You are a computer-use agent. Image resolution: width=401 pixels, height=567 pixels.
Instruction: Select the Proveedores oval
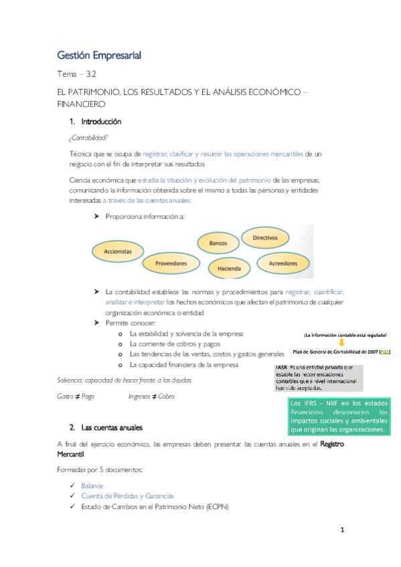point(171,263)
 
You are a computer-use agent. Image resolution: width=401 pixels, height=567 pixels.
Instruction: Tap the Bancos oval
point(218,244)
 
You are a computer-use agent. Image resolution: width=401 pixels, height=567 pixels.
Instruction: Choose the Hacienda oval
point(229,269)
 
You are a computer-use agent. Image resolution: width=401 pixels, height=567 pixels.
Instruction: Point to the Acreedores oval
point(283,263)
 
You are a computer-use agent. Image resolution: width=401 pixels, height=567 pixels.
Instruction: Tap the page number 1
point(342,530)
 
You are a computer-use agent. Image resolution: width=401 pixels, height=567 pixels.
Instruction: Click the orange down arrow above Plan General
point(341,342)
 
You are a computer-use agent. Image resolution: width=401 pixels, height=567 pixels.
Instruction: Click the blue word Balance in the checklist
point(92,485)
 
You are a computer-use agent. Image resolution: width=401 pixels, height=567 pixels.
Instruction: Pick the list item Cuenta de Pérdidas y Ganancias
point(127,496)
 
